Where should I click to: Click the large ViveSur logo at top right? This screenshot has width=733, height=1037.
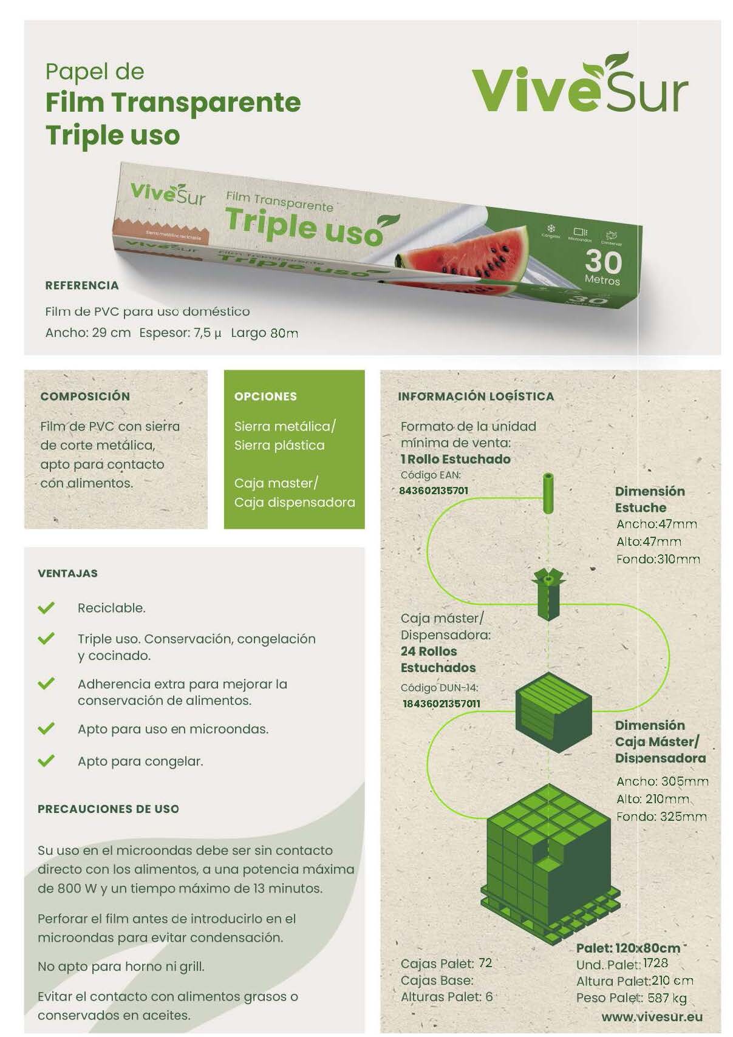(579, 83)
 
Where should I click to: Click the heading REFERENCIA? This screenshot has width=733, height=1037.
(82, 285)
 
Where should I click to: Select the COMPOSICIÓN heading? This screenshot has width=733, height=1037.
(85, 396)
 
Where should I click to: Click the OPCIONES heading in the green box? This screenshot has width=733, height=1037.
(265, 396)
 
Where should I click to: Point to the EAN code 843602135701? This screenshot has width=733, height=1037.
(434, 490)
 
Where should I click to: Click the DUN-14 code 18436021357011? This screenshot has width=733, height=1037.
(442, 703)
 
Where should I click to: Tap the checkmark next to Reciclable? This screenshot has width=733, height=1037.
(46, 607)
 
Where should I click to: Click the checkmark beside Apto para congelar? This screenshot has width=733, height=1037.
(46, 761)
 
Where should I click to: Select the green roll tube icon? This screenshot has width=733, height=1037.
(548, 493)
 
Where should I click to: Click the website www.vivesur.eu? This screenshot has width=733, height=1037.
(652, 1017)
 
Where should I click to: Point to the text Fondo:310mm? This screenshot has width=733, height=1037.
(658, 559)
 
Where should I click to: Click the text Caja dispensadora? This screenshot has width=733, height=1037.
(295, 502)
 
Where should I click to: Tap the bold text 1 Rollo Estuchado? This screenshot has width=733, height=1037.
(455, 459)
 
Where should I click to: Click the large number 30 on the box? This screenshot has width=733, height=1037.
(603, 262)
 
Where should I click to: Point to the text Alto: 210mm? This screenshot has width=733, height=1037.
(653, 799)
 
